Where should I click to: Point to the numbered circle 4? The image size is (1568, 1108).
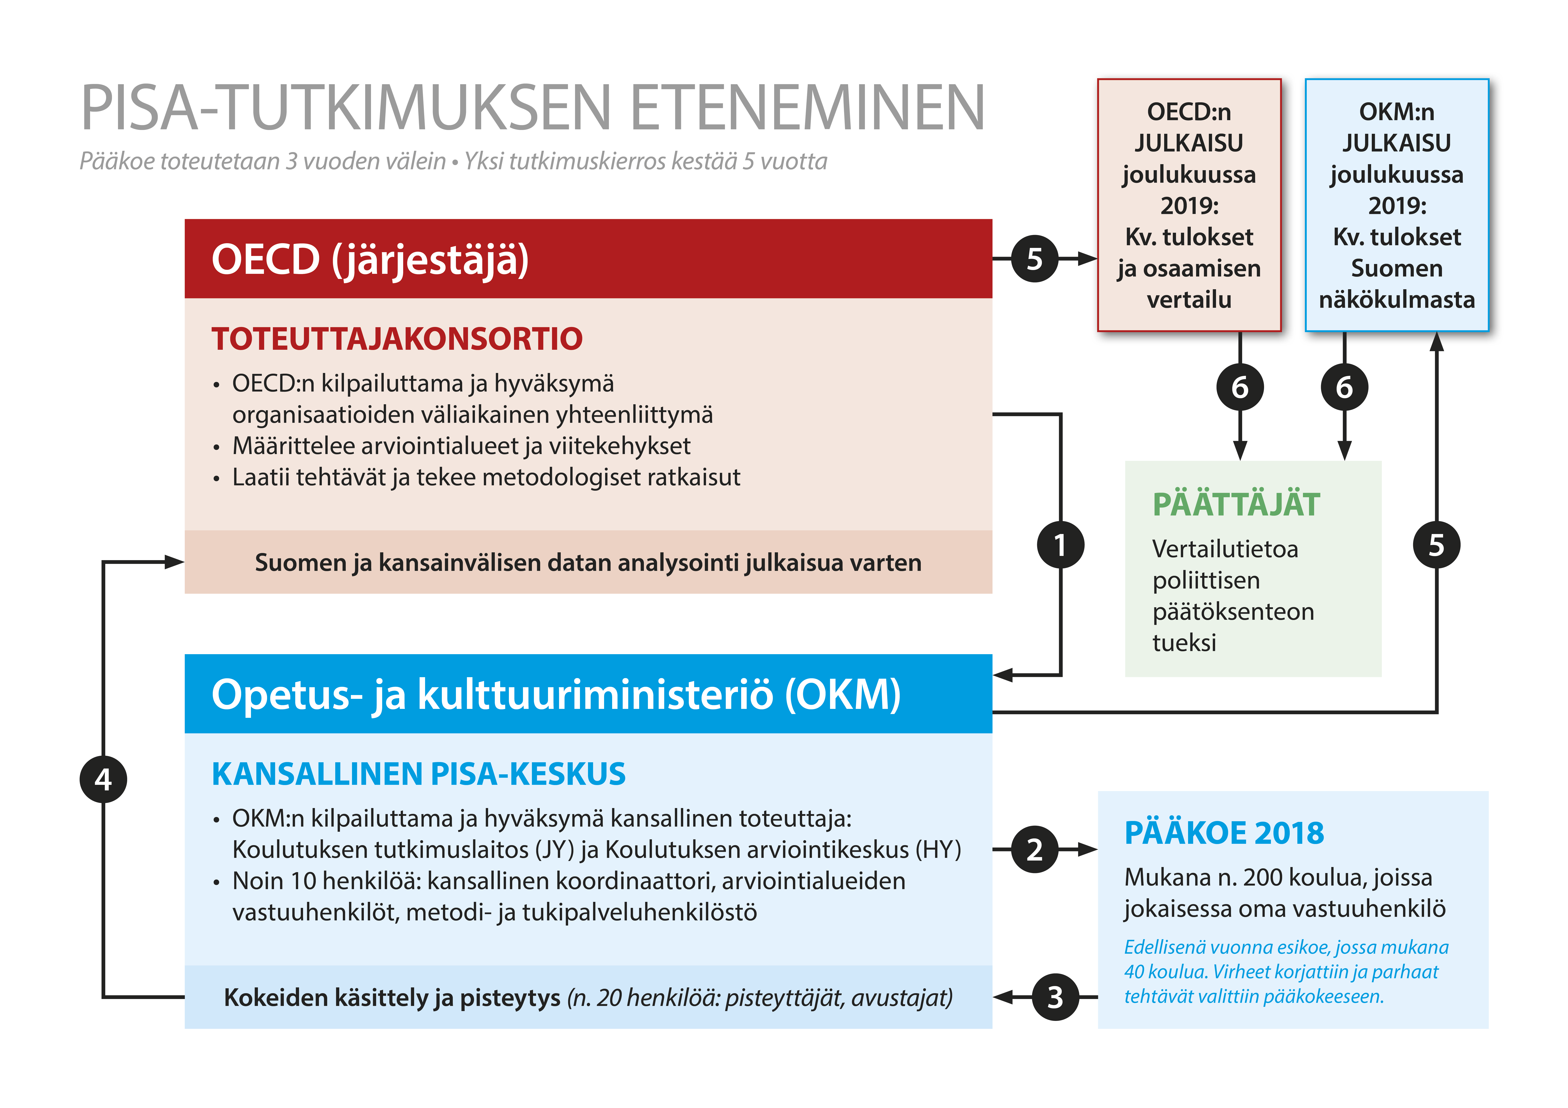[103, 779]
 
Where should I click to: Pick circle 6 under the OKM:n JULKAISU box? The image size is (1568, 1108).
[1344, 387]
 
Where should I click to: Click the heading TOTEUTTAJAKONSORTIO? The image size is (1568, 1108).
[397, 339]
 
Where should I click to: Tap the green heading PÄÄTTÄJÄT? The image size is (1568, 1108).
[1236, 505]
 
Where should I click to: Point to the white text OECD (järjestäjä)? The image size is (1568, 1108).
[370, 260]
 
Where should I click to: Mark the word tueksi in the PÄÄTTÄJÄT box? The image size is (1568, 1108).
[1184, 642]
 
